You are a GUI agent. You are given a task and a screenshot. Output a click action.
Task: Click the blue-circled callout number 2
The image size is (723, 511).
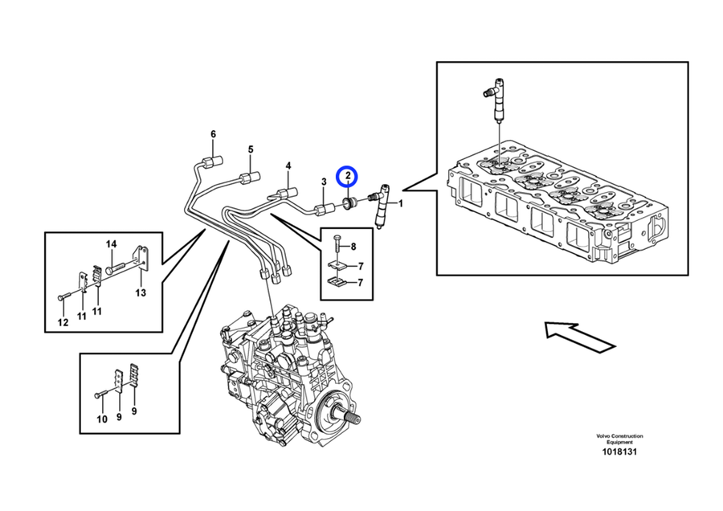(347, 175)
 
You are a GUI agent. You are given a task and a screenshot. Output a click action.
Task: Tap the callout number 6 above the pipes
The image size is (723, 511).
(214, 133)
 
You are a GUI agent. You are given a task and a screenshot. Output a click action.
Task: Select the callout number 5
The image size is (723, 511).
(250, 149)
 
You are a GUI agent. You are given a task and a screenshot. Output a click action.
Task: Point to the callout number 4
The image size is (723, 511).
(287, 167)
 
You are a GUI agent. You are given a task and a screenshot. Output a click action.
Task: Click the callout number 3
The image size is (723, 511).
(324, 183)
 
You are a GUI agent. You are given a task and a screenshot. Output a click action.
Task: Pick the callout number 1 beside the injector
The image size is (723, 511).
(401, 203)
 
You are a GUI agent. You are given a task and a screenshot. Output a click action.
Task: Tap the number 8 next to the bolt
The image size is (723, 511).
(353, 247)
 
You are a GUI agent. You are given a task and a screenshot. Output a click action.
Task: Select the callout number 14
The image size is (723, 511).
(112, 244)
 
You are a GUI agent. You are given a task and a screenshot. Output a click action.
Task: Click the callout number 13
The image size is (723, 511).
(141, 292)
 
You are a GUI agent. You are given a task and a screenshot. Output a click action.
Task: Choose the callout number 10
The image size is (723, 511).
(101, 419)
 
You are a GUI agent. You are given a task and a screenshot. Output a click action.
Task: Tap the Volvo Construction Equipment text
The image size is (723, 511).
(619, 439)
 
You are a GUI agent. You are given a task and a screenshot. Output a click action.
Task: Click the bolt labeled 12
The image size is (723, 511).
(64, 297)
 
